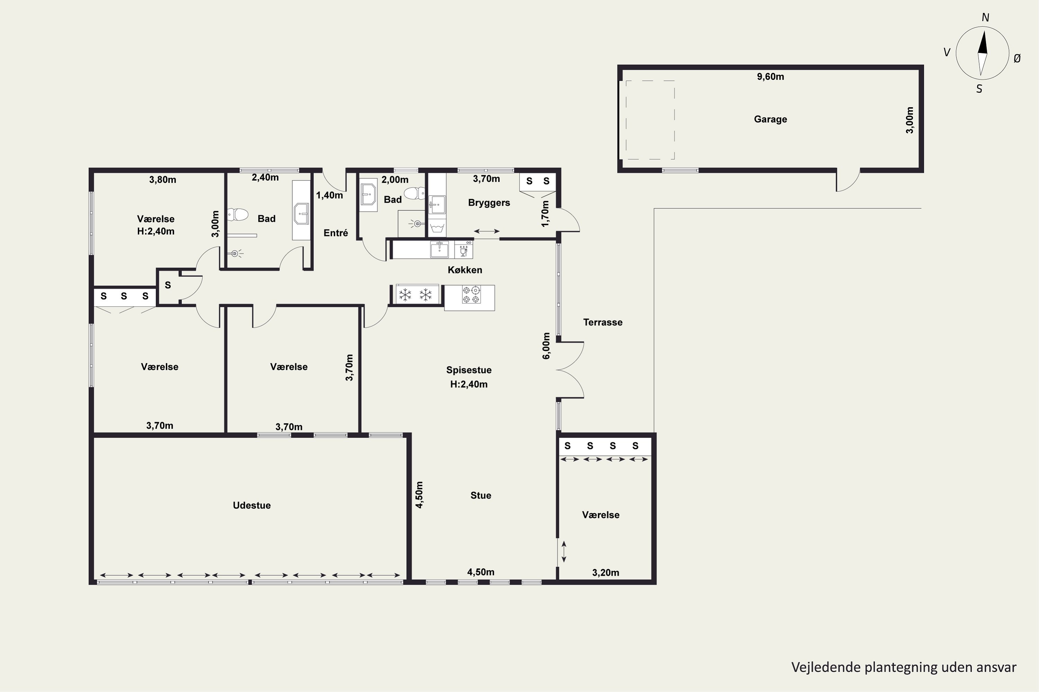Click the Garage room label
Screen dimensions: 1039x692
point(770,119)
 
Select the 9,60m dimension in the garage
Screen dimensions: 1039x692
point(770,77)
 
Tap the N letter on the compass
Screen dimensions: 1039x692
point(985,18)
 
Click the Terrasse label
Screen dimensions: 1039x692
point(603,322)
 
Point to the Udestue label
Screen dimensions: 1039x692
point(252,505)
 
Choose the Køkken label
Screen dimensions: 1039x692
point(465,270)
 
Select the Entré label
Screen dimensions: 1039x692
point(336,233)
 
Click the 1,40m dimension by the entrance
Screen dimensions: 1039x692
point(330,195)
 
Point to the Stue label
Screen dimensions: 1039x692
point(481,495)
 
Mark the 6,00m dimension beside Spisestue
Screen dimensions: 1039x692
point(547,346)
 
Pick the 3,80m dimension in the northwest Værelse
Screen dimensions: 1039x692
point(162,180)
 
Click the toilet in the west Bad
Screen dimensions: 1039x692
point(238,215)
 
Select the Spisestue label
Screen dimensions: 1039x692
point(469,370)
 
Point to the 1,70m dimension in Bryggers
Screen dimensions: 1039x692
point(545,213)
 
